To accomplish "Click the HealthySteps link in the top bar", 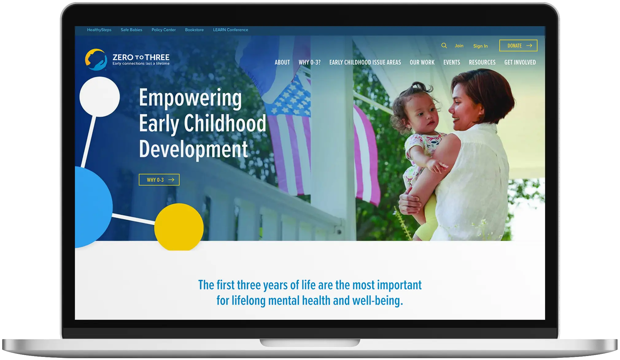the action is [x=99, y=30].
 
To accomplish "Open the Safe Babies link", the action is [x=131, y=30].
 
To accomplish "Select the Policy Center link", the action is [x=164, y=30].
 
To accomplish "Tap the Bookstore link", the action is [x=194, y=30].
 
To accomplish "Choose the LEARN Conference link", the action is [x=231, y=30].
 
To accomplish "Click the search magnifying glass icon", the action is [x=444, y=45].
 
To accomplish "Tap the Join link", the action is [x=459, y=46].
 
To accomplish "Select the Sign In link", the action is [x=480, y=46].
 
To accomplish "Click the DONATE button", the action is [x=518, y=45].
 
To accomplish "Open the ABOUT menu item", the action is [x=282, y=62].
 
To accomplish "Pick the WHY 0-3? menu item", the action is [x=309, y=62].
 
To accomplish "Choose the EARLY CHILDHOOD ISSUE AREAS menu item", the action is [x=365, y=62].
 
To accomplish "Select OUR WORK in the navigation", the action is [x=422, y=62].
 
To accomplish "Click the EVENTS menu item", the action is [x=451, y=62].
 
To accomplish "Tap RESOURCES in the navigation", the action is [x=482, y=62].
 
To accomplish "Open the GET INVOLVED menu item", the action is [x=520, y=62].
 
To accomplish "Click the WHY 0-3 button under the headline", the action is [x=159, y=180].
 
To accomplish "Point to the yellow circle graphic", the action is [x=179, y=227].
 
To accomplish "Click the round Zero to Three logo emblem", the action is [x=96, y=60].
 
